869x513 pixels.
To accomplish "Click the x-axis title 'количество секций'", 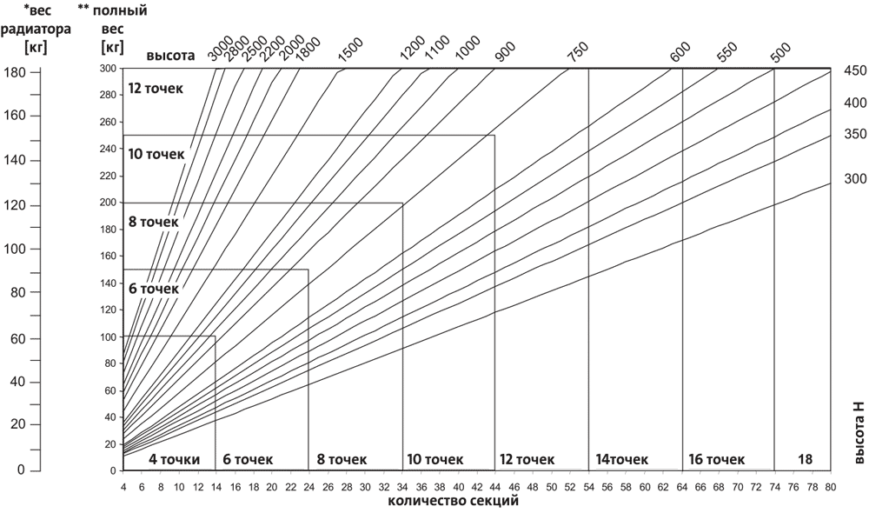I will (454, 502).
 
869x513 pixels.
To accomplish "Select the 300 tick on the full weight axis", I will (108, 68).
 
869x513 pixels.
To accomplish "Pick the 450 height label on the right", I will (855, 71).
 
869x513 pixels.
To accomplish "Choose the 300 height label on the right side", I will (855, 179).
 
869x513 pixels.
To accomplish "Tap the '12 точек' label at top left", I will (156, 88).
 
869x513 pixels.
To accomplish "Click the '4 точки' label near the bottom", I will (175, 459).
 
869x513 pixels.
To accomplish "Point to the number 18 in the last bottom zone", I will (805, 458).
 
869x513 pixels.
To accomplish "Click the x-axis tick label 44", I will (494, 488).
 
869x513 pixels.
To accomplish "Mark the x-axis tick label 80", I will (830, 488).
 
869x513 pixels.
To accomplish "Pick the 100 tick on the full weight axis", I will (108, 336).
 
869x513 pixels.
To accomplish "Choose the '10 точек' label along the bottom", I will (434, 459).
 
